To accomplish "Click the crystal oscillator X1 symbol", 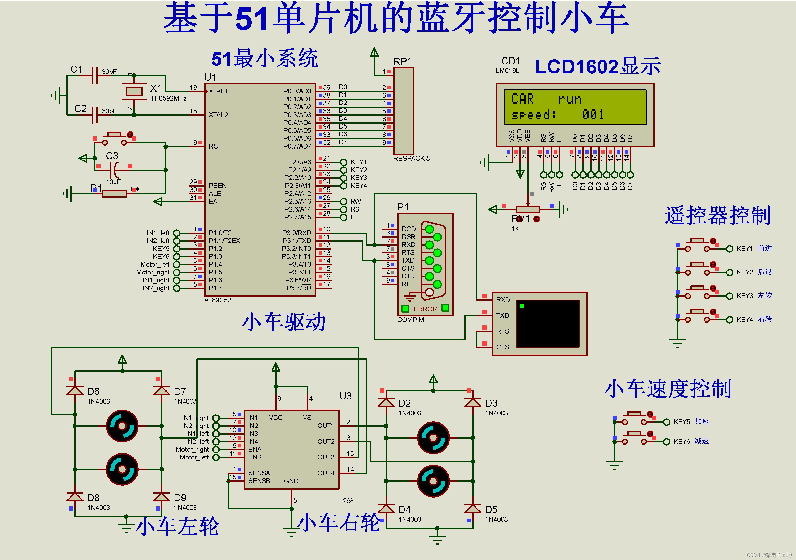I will [134, 91].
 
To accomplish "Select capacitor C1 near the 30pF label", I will [94, 76].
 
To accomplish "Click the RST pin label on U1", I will [215, 146].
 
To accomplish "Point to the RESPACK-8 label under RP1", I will [411, 158].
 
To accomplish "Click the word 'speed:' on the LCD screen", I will [534, 115].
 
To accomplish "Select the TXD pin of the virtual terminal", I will [502, 315].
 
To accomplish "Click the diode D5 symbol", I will [472, 509].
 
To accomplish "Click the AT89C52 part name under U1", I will [218, 300].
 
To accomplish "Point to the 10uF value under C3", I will [113, 182].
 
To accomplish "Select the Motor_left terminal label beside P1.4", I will [155, 265].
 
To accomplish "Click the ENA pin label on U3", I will [254, 450].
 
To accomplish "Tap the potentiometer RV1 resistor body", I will [527, 209].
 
